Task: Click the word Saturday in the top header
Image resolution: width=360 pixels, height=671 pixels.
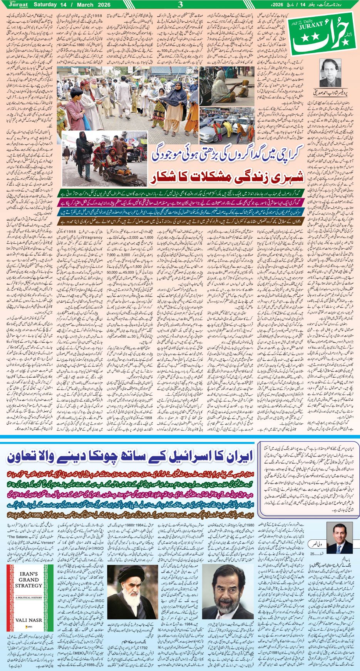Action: (x=48, y=5)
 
